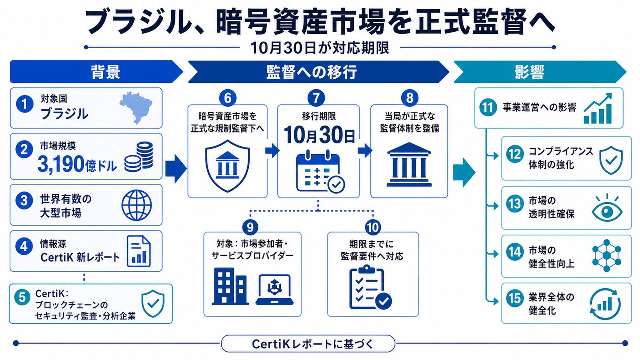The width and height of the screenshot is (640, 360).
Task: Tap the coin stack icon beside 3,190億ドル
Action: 139,156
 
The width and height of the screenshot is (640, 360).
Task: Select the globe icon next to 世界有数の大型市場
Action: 137,205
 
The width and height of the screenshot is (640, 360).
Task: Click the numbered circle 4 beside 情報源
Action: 24,246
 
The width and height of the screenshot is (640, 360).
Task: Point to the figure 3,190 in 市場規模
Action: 60,164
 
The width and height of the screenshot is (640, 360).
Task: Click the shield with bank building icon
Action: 227,166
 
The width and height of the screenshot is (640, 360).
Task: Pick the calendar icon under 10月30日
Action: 320,171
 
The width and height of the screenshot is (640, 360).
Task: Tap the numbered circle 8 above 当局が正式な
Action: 410,98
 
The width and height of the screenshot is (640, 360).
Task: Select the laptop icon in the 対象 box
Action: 275,290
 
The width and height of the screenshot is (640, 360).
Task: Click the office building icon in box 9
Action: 230,286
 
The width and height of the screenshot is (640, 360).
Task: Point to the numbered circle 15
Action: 515,298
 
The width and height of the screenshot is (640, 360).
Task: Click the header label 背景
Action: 105,72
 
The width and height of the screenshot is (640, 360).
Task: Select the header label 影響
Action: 530,72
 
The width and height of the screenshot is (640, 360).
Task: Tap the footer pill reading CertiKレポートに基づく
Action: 308,343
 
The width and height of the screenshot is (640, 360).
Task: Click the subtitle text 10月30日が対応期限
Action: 320,48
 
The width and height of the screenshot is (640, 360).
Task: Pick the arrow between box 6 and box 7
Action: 272,150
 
